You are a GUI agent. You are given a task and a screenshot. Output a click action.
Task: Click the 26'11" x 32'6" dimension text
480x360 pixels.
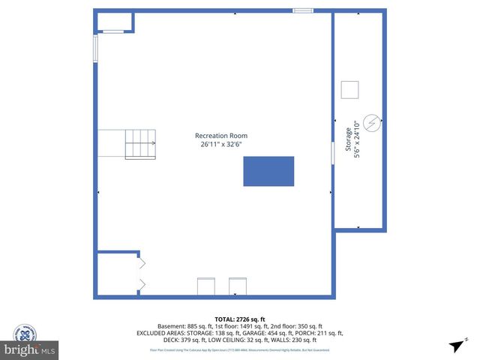(x=221, y=145)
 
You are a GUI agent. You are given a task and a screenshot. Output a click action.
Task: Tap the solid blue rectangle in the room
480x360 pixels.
(x=268, y=171)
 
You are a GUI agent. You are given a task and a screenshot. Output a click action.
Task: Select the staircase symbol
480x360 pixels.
(x=139, y=143)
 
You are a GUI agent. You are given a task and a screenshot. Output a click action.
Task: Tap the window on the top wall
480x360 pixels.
(x=302, y=10)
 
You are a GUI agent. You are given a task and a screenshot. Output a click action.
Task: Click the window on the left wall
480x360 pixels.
(x=95, y=49)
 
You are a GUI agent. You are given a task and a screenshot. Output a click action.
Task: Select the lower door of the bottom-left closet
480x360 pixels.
(x=141, y=283)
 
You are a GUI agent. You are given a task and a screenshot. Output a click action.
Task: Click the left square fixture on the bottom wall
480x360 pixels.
(x=205, y=286)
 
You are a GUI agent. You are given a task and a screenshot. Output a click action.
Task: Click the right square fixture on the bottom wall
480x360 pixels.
(x=238, y=286)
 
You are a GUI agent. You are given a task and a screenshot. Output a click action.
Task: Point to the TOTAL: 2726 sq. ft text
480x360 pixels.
(x=239, y=319)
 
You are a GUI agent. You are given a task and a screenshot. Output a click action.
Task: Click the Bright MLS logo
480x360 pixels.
(x=30, y=350)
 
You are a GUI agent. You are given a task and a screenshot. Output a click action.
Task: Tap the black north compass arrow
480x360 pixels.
(x=454, y=346)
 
